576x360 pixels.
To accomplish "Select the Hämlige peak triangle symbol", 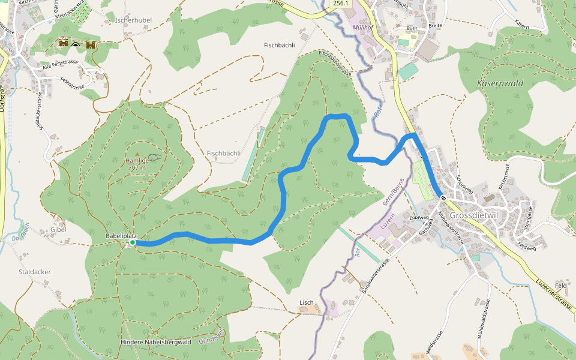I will [x=137, y=154].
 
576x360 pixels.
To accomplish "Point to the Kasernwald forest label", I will [x=500, y=83].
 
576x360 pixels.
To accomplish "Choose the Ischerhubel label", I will [x=133, y=20].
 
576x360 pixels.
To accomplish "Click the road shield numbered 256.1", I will [x=340, y=4].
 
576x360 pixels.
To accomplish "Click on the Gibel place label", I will [x=58, y=229].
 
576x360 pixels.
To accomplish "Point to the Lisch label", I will [x=307, y=302].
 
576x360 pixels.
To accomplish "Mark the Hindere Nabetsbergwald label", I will [x=155, y=342].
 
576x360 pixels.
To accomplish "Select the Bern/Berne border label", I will [x=394, y=192].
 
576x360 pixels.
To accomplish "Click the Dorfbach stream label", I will [x=20, y=231].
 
